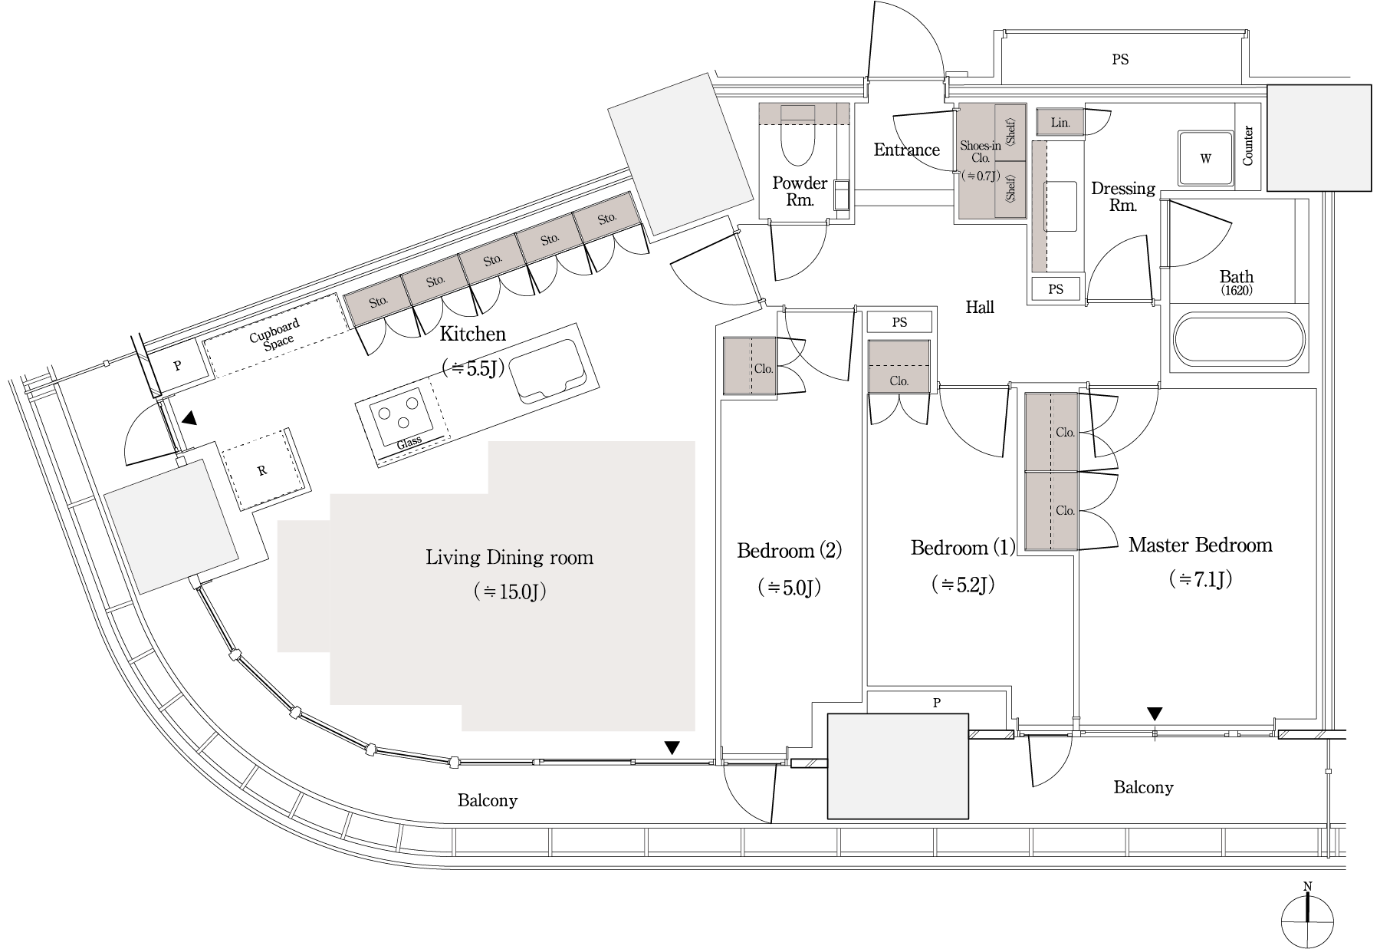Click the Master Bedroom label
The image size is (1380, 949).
pyautogui.click(x=1200, y=545)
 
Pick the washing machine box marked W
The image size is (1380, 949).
pyautogui.click(x=1205, y=159)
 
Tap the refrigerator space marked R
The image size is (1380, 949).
pyautogui.click(x=263, y=470)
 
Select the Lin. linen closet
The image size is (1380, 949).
pyautogui.click(x=1060, y=122)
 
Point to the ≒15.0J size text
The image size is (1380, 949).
pyautogui.click(x=509, y=592)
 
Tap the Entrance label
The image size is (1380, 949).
pyautogui.click(x=906, y=150)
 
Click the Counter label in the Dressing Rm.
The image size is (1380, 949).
pyautogui.click(x=1247, y=146)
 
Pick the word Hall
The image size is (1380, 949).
pyautogui.click(x=980, y=307)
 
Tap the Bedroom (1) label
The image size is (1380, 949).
pyautogui.click(x=962, y=547)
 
